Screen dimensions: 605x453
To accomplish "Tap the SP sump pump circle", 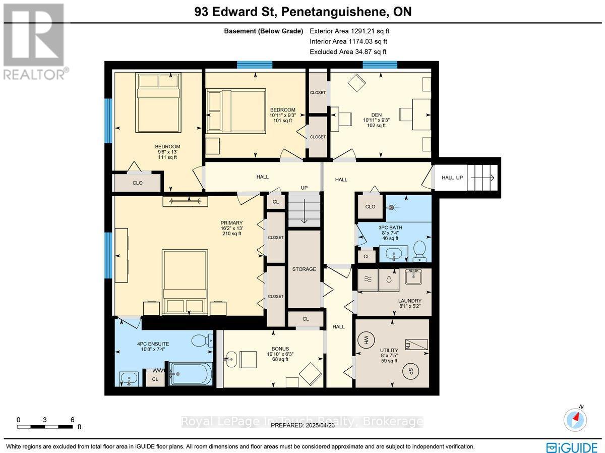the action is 410,371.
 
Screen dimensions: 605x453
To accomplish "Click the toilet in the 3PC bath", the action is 419,251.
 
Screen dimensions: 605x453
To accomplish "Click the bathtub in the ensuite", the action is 191,374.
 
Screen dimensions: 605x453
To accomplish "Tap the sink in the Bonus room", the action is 230,360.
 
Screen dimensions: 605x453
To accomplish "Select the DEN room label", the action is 376,115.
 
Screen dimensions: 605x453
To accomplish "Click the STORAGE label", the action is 304,269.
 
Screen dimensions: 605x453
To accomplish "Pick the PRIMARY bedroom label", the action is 231,223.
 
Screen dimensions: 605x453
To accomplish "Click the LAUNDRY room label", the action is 409,301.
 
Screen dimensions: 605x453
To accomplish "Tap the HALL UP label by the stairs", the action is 452,178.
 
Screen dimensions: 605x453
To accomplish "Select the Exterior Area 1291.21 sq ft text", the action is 349,31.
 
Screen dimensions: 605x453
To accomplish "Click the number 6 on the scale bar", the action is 73,420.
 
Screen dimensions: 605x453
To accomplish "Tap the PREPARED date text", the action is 302,425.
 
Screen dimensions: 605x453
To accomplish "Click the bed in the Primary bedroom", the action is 185,282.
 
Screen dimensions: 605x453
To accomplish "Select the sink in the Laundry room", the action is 413,277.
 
